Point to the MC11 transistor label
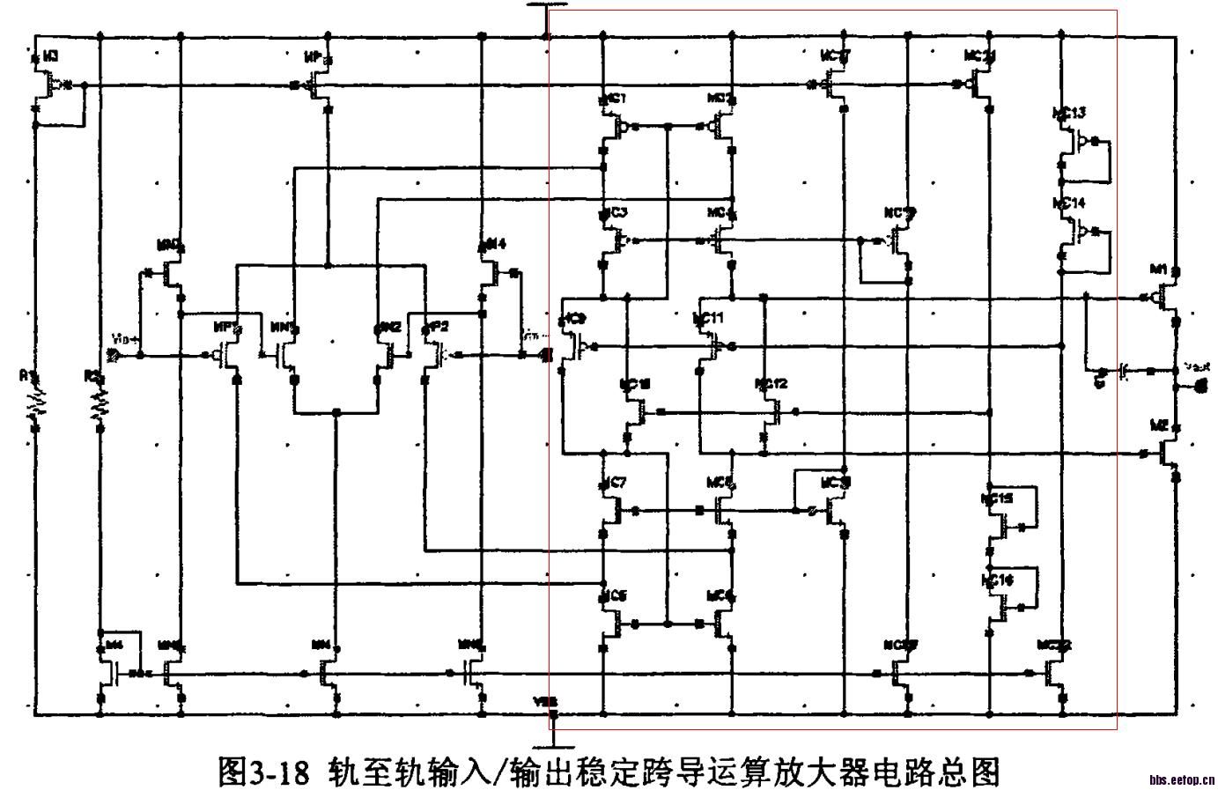[708, 317]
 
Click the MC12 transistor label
[771, 384]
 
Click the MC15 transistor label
[997, 498]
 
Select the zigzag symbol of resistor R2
[100, 402]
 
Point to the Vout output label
[1197, 365]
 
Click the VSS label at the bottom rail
[545, 702]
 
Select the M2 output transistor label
[1159, 425]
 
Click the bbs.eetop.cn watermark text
[1182, 779]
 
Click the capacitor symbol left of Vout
[1124, 371]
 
